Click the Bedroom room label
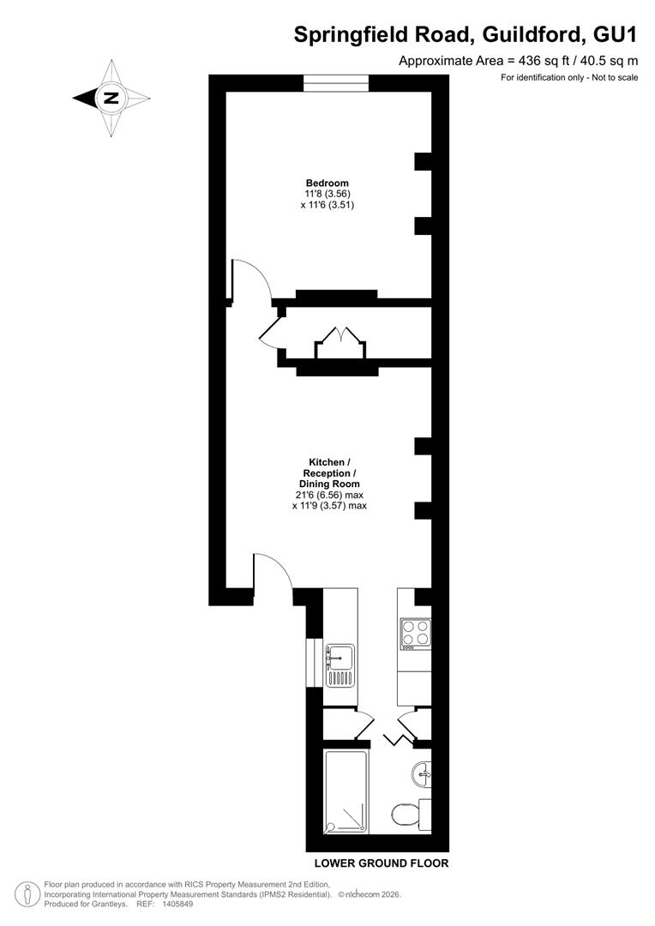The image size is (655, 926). [327, 183]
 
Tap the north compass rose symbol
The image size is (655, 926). [111, 98]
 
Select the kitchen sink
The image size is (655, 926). [340, 665]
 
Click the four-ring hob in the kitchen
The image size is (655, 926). [416, 633]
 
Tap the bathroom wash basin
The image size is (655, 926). [422, 773]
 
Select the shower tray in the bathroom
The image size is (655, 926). [346, 791]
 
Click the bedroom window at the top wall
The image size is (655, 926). [336, 83]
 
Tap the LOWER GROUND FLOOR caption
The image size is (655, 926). [382, 863]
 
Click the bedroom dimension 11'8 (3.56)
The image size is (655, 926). [327, 194]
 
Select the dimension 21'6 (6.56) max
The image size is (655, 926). [329, 495]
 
